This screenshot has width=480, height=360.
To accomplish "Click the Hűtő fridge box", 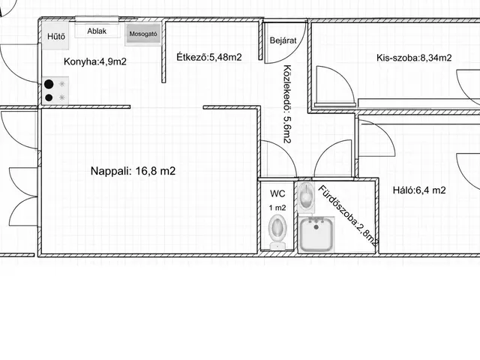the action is tap(55, 36).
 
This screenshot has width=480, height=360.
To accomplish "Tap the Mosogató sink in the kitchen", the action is tap(143, 34).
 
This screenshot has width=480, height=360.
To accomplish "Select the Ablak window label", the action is tap(97, 31).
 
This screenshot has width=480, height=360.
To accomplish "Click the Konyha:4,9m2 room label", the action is tap(95, 61).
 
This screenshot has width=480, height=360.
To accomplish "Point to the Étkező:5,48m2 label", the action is tap(209, 57).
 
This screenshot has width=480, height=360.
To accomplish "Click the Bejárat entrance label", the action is tap(283, 40).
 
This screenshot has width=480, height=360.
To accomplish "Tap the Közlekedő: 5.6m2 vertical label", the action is tap(286, 103).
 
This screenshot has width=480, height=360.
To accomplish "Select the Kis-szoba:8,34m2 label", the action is tap(414, 58).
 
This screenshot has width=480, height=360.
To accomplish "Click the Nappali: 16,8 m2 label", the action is tap(133, 171).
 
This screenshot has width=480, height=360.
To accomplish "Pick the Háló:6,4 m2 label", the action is tap(419, 190).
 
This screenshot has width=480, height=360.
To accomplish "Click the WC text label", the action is tap(277, 193).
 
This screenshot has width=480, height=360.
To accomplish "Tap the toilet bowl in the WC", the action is tap(277, 232).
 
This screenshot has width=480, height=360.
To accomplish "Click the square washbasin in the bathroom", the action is tap(316, 234).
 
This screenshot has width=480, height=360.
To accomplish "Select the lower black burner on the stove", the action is tap(49, 97).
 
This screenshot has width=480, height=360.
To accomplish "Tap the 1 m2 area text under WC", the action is tap(277, 208).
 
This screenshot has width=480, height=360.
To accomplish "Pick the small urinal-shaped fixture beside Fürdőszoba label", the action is tap(305, 197).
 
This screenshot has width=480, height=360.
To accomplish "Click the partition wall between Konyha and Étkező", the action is tap(163, 52).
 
